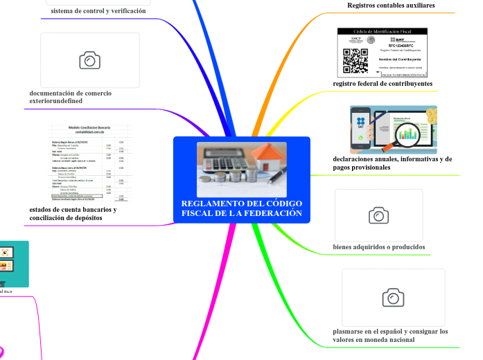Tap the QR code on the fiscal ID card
(x=355, y=61)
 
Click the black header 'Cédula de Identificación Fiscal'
(x=383, y=32)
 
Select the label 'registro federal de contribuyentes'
(x=383, y=84)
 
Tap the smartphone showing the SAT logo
(x=361, y=129)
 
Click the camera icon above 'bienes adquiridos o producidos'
(x=378, y=215)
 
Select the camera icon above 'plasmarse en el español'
(x=393, y=298)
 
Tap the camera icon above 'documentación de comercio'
(x=89, y=61)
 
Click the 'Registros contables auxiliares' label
(x=391, y=6)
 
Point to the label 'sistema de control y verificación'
(x=98, y=11)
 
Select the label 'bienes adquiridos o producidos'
(x=379, y=247)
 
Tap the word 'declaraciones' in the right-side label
(x=358, y=159)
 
